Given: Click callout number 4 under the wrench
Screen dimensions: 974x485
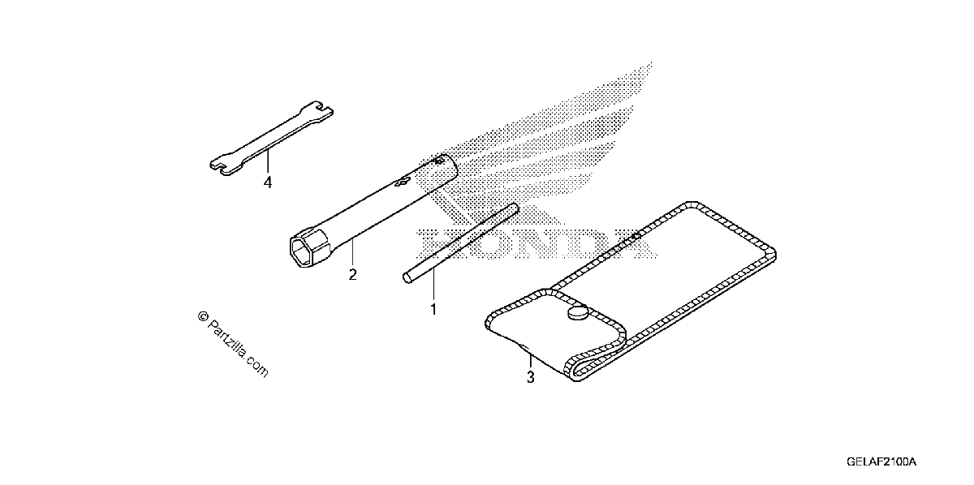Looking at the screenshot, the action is pos(268,182).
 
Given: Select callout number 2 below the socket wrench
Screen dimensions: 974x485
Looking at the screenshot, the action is pos(352,275).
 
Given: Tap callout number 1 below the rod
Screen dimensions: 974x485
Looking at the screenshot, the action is pos(433,310).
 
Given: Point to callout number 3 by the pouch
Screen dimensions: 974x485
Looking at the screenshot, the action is pos(531,377).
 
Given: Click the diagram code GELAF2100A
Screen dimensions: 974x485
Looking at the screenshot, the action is pos(881,462).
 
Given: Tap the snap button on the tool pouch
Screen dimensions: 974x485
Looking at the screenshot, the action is pos(578,312).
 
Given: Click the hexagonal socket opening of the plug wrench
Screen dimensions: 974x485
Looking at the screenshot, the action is pos(303,251).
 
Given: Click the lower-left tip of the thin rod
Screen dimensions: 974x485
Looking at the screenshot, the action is pos(407,278).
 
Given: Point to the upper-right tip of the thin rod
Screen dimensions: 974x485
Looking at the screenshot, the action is pos(515,208).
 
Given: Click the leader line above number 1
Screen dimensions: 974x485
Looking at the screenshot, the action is pos(433,285).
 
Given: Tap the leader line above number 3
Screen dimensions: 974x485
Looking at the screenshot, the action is pos(531,362).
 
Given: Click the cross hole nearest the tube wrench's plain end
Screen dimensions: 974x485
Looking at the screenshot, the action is pos(438,162).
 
